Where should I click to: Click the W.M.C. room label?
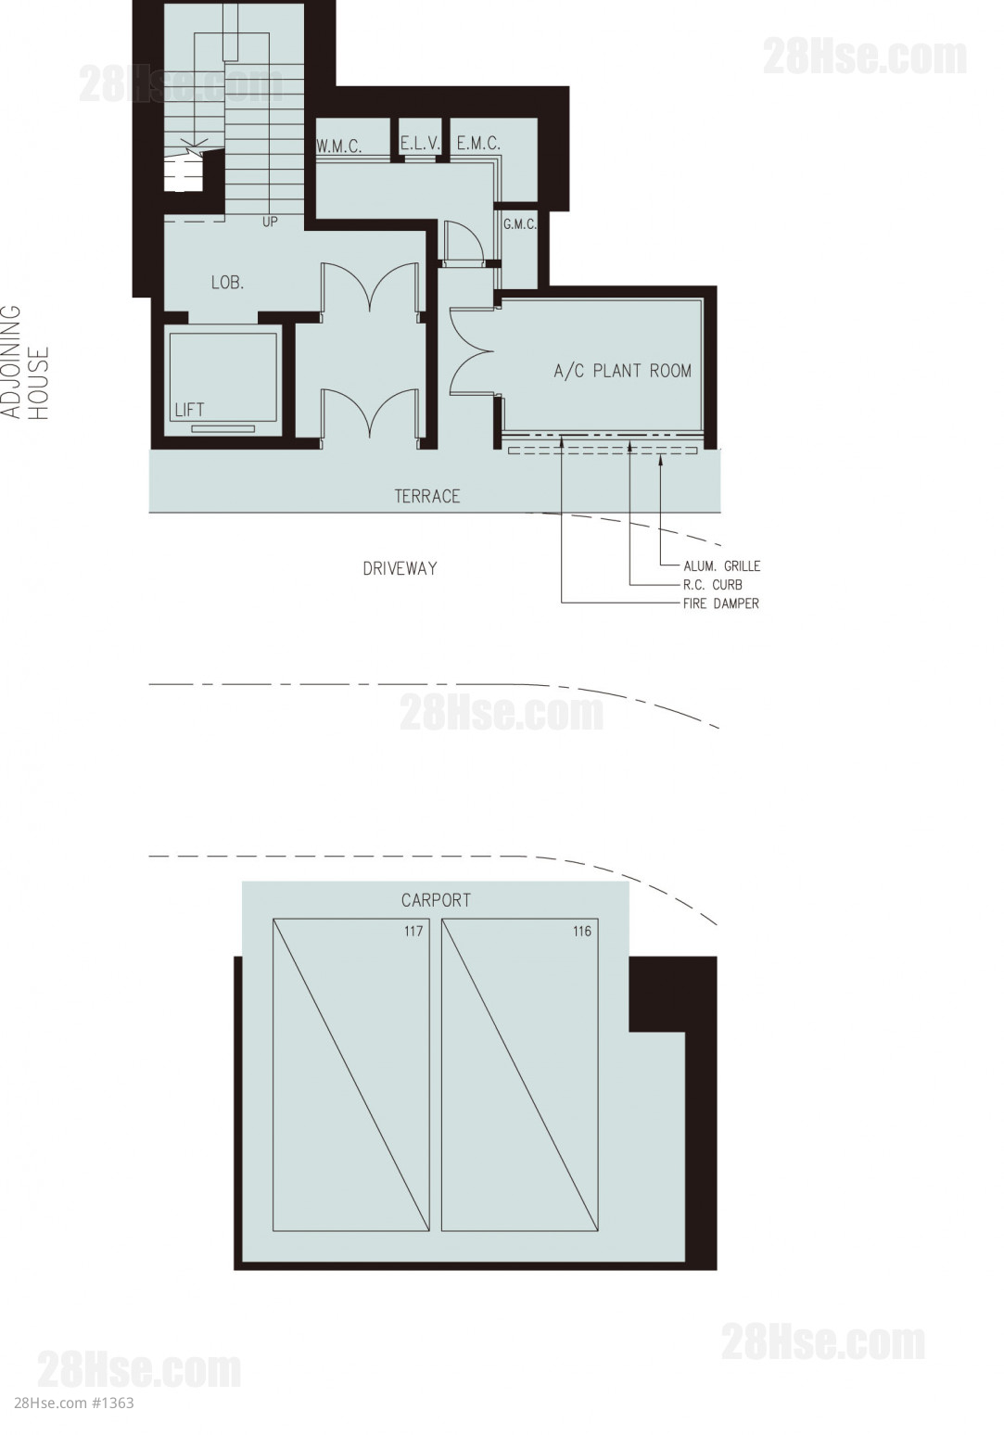339,146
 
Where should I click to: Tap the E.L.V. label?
420,144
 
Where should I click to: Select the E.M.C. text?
478,144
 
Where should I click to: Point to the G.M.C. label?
520,225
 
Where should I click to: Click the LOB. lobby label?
227,282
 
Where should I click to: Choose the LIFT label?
189,410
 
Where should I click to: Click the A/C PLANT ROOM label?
623,371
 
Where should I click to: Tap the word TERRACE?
426,497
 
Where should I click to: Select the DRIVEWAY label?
400,569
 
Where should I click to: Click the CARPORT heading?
437,900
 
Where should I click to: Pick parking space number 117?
413,931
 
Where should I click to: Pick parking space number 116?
582,931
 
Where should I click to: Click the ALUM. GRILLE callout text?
722,566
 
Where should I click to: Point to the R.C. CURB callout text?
713,585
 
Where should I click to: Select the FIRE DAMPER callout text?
721,603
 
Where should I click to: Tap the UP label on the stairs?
270,222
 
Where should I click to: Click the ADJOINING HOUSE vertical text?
26,362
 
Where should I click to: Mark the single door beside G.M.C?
463,242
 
